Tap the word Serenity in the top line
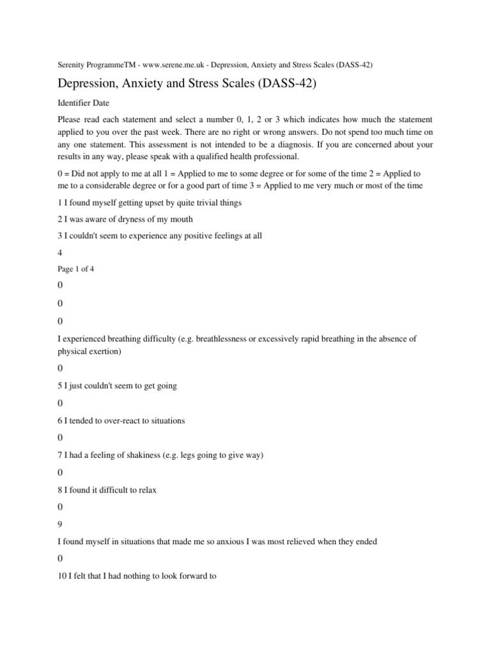(x=72, y=65)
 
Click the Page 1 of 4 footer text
(x=76, y=269)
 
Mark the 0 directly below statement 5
(x=61, y=404)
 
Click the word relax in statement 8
(x=146, y=490)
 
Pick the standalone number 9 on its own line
(x=61, y=523)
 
